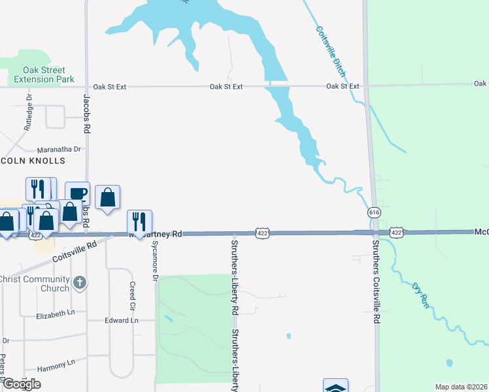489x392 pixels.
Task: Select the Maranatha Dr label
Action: pos(58,149)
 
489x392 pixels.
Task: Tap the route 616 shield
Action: pos(373,213)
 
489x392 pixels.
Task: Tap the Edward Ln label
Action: pos(122,320)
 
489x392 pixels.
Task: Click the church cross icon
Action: pos(79,282)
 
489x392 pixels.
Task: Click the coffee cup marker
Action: pos(78,193)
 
